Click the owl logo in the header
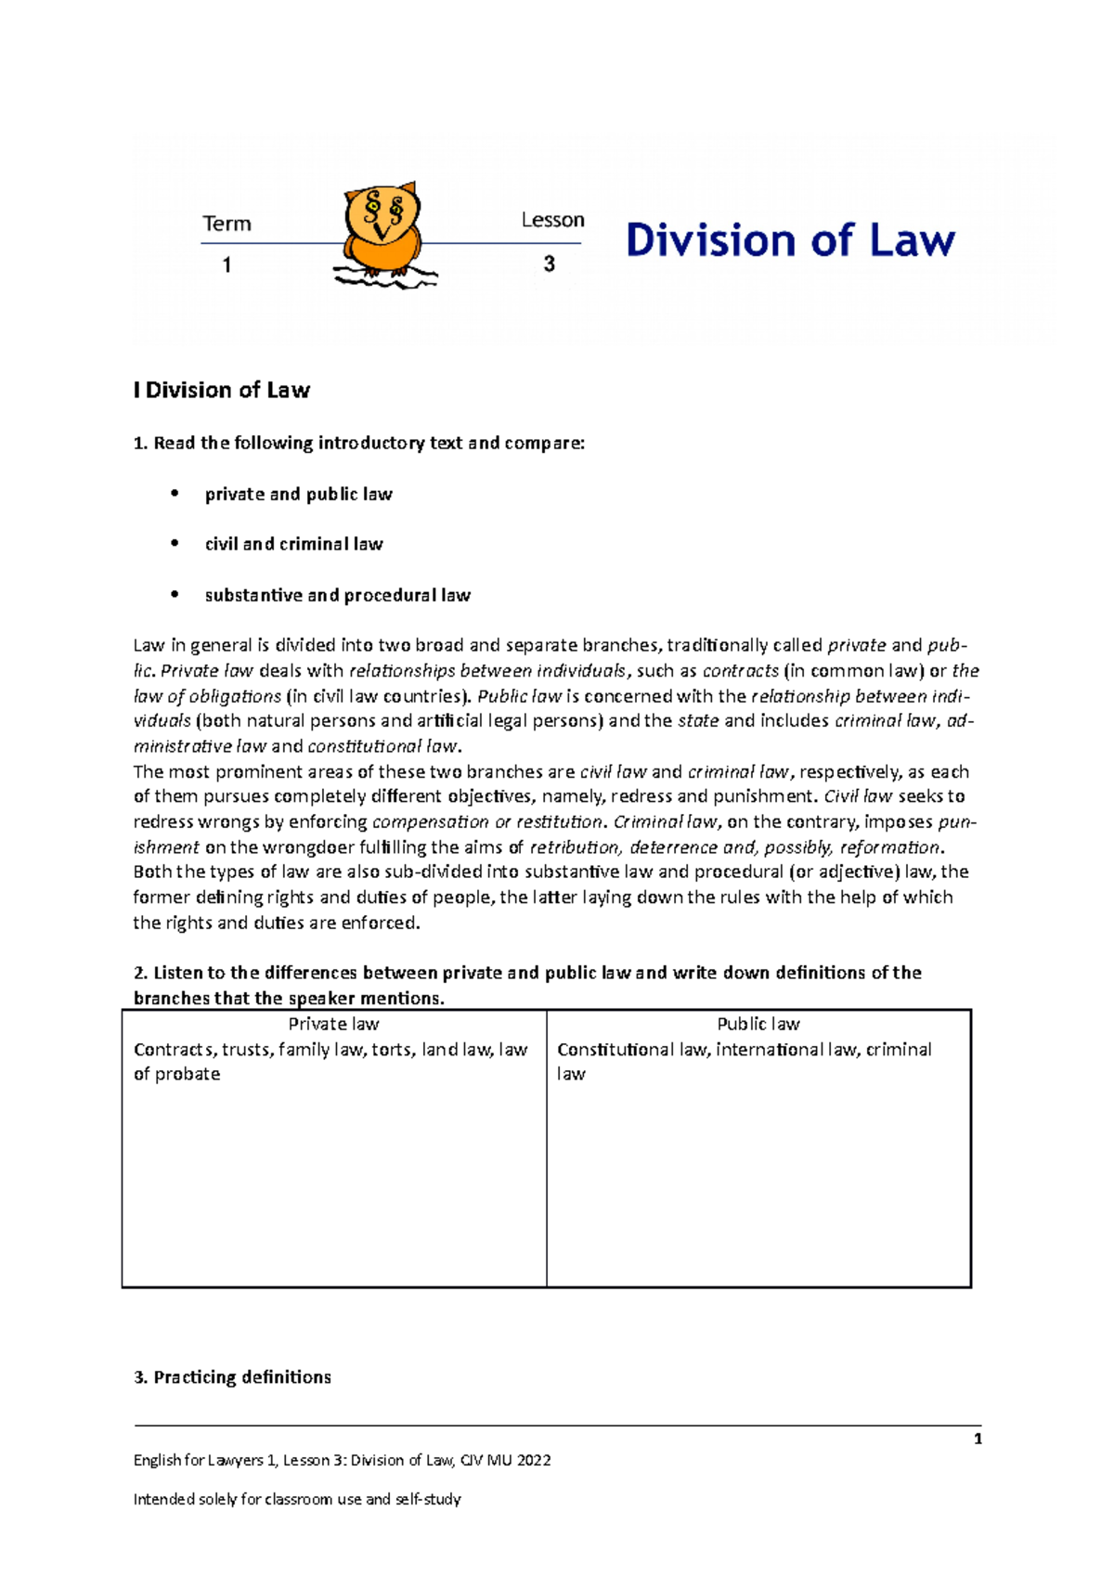pyautogui.click(x=382, y=232)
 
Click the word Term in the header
pyautogui.click(x=227, y=224)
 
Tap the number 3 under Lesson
pyautogui.click(x=550, y=265)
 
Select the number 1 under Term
pyautogui.click(x=227, y=265)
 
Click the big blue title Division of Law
pyautogui.click(x=790, y=240)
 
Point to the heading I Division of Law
pyautogui.click(x=222, y=391)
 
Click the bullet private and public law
pyautogui.click(x=298, y=495)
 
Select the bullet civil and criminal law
pyautogui.click(x=293, y=545)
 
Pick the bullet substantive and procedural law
pyautogui.click(x=337, y=596)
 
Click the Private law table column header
pyautogui.click(x=333, y=1024)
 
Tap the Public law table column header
pyautogui.click(x=758, y=1024)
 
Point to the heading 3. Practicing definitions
pyautogui.click(x=232, y=1377)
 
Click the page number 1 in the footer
pyautogui.click(x=978, y=1440)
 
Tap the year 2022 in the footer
pyautogui.click(x=534, y=1460)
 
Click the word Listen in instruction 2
pyautogui.click(x=178, y=973)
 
